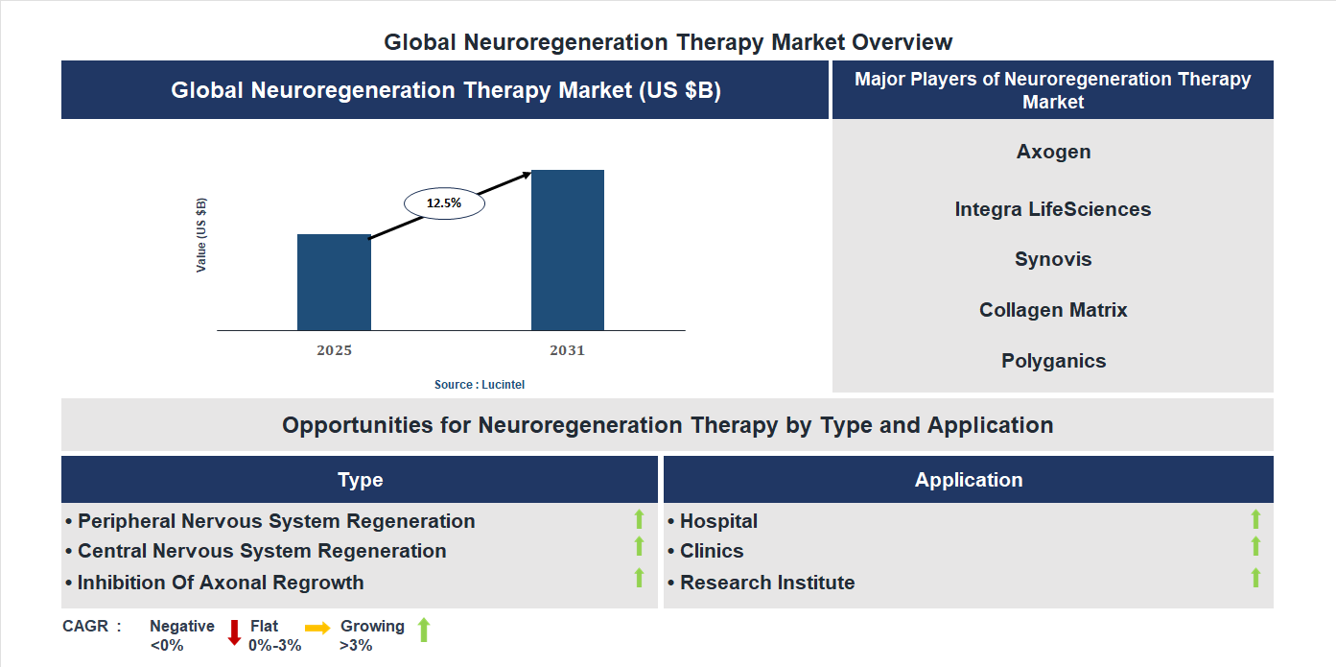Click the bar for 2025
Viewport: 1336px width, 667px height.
pyautogui.click(x=334, y=282)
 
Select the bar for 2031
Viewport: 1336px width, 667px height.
pyautogui.click(x=568, y=250)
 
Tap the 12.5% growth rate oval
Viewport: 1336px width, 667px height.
pyautogui.click(x=444, y=203)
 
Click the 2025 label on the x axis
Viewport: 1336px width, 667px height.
pyautogui.click(x=334, y=350)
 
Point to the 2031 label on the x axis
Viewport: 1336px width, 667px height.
pyautogui.click(x=567, y=350)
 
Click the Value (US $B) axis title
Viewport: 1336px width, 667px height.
pyautogui.click(x=201, y=235)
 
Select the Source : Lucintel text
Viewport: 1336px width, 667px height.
pyautogui.click(x=480, y=384)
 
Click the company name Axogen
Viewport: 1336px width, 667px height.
pyautogui.click(x=1053, y=152)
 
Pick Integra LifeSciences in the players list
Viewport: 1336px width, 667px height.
pyautogui.click(x=1053, y=209)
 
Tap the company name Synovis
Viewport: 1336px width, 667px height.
pyautogui.click(x=1053, y=259)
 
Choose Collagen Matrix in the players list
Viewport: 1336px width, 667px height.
pyautogui.click(x=1053, y=310)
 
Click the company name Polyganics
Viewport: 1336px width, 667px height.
pyautogui.click(x=1053, y=361)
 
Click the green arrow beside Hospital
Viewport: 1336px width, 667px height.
pyautogui.click(x=1255, y=519)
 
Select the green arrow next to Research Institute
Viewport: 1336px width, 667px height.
pyautogui.click(x=1255, y=578)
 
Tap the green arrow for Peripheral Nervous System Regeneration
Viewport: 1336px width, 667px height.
pyautogui.click(x=639, y=519)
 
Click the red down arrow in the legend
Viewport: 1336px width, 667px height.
pyautogui.click(x=234, y=632)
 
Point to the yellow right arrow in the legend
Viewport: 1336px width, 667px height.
pyautogui.click(x=317, y=627)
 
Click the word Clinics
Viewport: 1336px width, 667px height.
pyautogui.click(x=712, y=551)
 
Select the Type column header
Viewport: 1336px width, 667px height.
pyautogui.click(x=360, y=480)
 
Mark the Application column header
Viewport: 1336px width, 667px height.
pyautogui.click(x=968, y=480)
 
